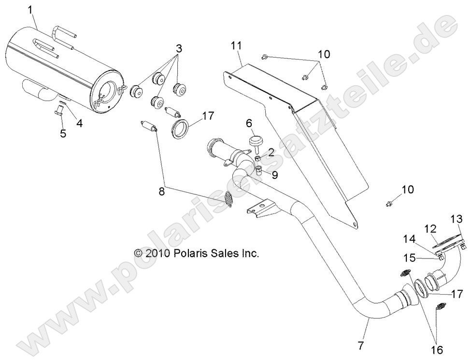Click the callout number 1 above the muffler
[30, 10]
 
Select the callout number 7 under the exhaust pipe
[361, 345]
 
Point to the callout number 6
[249, 123]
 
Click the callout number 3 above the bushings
[179, 48]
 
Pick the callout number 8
[162, 191]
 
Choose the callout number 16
[437, 350]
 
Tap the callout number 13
[457, 219]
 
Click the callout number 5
[63, 133]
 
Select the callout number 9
[274, 174]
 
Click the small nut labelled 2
[257, 158]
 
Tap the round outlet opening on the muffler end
[107, 90]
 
